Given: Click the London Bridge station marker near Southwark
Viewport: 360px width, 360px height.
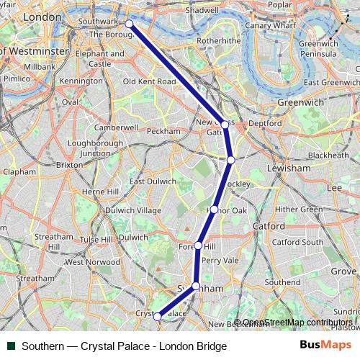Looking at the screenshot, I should coord(129,24).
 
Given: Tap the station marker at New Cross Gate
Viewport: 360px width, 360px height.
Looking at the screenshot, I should coord(225,125).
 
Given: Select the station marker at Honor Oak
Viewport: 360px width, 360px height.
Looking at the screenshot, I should coord(214,209).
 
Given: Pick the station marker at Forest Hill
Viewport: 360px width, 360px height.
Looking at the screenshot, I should coord(198,246).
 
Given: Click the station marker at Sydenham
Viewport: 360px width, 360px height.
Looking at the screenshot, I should coord(196,286).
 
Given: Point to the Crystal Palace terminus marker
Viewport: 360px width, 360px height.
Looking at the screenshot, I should coord(157,315).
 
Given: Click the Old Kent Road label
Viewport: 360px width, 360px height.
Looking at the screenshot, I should coord(149,82).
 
